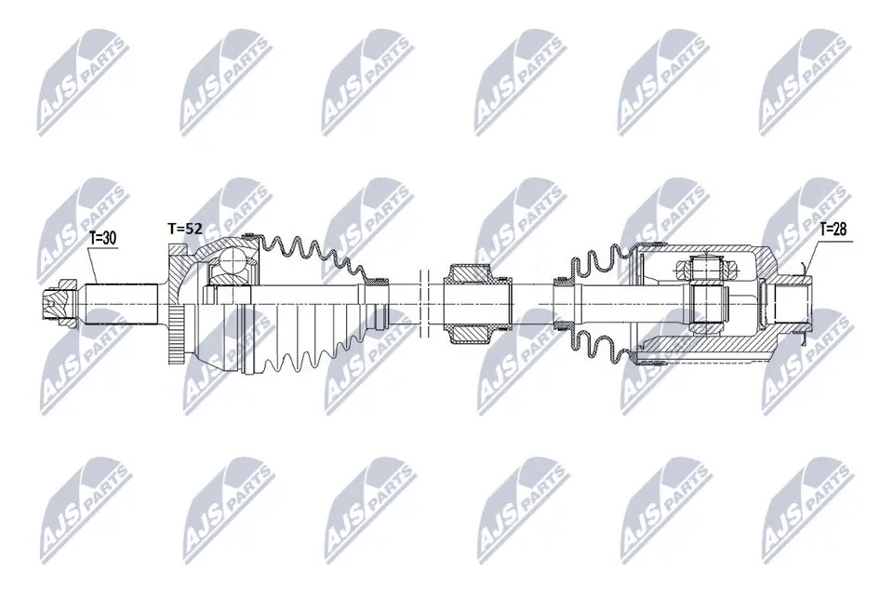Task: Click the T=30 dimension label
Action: [102, 238]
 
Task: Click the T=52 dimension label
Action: [183, 227]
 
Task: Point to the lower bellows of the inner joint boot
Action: [595, 344]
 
